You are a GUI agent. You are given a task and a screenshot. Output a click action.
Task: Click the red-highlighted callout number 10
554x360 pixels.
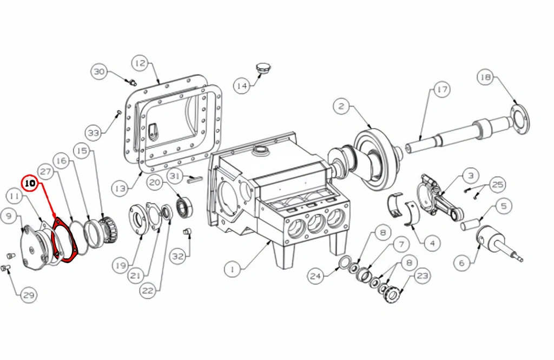[x=30, y=184]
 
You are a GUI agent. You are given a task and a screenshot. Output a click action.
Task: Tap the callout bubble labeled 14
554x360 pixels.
[x=242, y=86]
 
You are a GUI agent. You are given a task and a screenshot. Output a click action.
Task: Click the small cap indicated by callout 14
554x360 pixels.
[x=262, y=68]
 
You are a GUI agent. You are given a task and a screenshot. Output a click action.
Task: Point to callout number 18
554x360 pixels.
[x=485, y=77]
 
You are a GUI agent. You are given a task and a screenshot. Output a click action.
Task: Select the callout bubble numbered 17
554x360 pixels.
[x=441, y=90]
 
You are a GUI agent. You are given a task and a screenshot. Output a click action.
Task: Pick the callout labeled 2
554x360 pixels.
[x=341, y=106]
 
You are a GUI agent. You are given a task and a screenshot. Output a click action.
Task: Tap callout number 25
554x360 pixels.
[x=497, y=184]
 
